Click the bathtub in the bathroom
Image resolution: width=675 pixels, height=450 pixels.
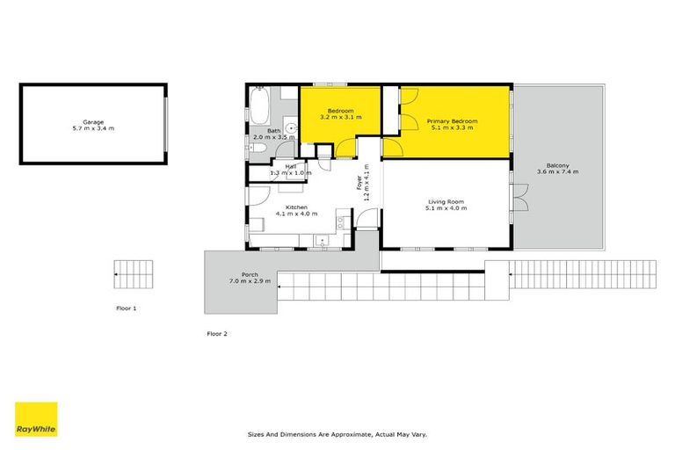[x=259, y=106]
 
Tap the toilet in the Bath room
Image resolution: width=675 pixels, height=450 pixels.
[x=258, y=149]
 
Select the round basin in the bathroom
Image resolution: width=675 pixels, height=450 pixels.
[x=292, y=128]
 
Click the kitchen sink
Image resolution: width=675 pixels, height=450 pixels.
[x=322, y=240]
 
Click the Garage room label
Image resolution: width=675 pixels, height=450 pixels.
[x=93, y=122]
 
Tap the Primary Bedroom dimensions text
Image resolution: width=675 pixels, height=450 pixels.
[x=452, y=128]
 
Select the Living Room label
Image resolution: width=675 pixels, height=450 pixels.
[x=446, y=201]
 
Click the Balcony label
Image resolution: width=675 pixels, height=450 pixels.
[x=557, y=165]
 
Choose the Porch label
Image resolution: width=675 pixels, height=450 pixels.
[x=250, y=275]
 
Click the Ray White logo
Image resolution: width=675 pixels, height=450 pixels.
[x=36, y=419]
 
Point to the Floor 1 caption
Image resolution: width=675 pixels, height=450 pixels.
[x=127, y=308]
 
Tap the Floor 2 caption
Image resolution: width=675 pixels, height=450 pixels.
[x=217, y=334]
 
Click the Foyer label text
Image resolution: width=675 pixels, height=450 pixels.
[x=359, y=183]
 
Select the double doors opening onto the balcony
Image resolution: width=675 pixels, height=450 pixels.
[x=520, y=197]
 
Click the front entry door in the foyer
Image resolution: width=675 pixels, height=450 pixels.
[x=367, y=218]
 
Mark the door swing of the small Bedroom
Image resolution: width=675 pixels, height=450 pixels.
[x=345, y=149]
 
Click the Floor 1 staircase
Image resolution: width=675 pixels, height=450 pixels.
[x=134, y=274]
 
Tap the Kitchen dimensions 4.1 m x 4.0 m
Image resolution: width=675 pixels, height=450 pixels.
[x=296, y=214]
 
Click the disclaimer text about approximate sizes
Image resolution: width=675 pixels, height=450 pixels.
[x=337, y=434]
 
